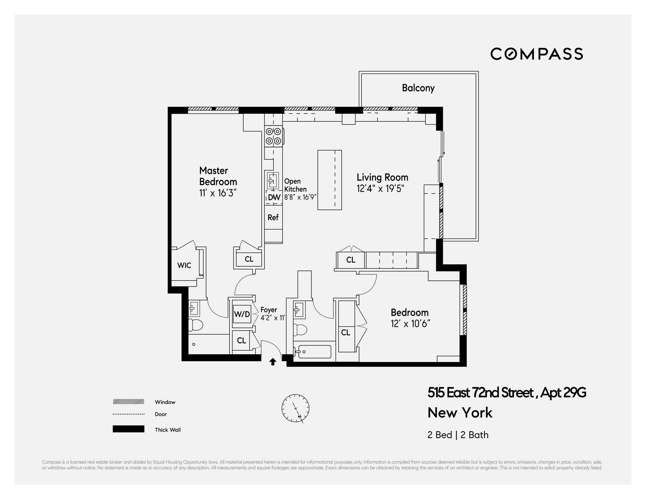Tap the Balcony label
[418, 88]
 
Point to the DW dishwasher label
[274, 197]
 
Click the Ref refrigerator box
[273, 218]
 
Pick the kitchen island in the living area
[329, 180]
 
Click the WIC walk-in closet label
[184, 265]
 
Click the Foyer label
[269, 310]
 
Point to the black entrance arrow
[273, 362]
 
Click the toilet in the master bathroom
[195, 325]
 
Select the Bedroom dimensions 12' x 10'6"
[410, 324]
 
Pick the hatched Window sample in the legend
[128, 402]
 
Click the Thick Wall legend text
[167, 430]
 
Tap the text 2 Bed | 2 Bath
[457, 435]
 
